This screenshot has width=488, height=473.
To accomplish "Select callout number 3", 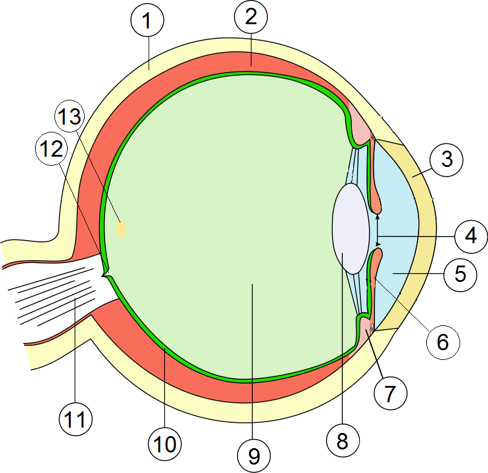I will pos(446,160).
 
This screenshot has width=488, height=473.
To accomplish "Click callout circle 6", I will pos(443,342).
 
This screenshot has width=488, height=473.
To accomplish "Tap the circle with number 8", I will pos(342,441).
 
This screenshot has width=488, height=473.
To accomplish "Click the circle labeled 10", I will pos(164,445).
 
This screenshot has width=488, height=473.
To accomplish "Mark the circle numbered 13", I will pos(70,117).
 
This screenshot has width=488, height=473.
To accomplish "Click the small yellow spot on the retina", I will pos(122,229).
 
